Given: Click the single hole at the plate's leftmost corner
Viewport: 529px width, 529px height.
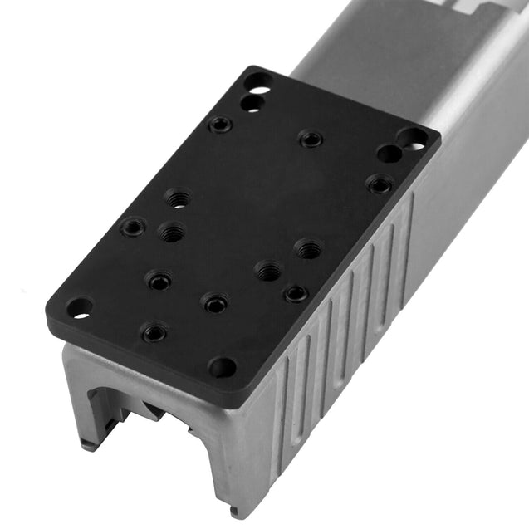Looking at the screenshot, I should click(x=79, y=308).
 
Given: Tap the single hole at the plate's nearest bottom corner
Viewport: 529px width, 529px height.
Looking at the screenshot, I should click(x=222, y=365).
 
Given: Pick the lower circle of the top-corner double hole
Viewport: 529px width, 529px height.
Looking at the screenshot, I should click(x=251, y=102).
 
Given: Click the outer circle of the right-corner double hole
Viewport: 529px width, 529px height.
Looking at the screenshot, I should click(x=413, y=138).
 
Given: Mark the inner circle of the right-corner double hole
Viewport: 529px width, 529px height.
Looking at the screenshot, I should click(x=389, y=153).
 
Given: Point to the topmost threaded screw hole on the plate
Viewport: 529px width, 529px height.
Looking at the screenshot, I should click(x=220, y=125).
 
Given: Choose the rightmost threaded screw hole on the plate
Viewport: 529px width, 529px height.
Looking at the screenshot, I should click(x=380, y=184).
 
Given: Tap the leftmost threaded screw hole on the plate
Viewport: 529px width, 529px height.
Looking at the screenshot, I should click(x=133, y=227).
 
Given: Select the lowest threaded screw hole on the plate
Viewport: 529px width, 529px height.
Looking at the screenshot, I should click(x=154, y=333).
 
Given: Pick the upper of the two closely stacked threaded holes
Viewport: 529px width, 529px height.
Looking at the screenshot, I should click(x=177, y=199).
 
